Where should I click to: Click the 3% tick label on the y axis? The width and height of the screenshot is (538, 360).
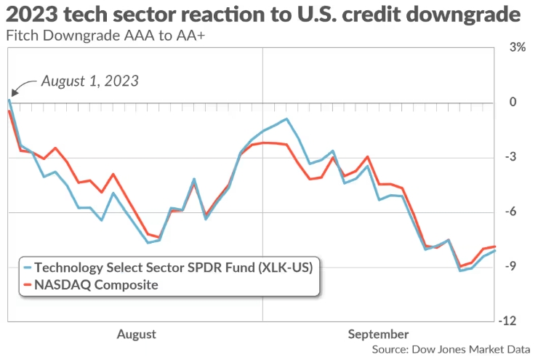pos(517,47)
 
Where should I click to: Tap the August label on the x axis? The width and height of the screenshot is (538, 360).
pos(136,334)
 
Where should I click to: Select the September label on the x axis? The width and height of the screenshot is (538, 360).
pos(378,334)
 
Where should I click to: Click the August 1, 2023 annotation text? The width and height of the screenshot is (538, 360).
pos(89,81)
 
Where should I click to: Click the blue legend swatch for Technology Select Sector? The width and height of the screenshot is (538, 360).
pos(28,267)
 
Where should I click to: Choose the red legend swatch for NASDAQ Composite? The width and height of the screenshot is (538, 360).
pos(28,284)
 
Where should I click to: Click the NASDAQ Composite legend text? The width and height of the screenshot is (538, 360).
pos(96,284)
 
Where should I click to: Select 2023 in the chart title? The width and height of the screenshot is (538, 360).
pos(29,15)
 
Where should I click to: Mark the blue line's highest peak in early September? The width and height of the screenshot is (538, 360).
pos(286,119)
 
